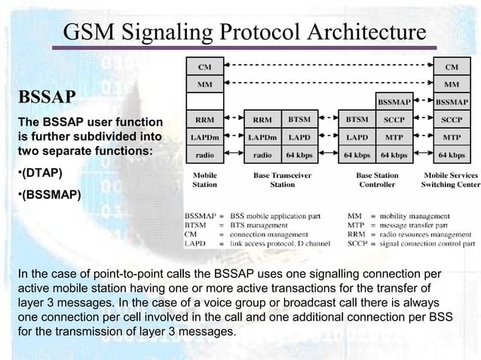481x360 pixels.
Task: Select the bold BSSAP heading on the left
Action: coord(47,99)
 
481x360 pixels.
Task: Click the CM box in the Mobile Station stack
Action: coord(205,67)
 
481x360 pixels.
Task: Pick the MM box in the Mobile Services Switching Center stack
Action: coord(452,85)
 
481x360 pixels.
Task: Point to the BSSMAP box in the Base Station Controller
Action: coord(394,101)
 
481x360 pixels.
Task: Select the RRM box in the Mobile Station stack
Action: coord(205,120)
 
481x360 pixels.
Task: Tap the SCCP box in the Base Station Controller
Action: coord(394,120)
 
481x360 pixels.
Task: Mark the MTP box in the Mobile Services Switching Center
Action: coord(452,138)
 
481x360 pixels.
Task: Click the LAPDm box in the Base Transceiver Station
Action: coord(262,138)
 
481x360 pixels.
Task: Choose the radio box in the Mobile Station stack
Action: coord(205,156)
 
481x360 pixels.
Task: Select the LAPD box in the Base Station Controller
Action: coord(357,138)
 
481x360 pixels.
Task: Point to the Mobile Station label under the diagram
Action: coord(205,179)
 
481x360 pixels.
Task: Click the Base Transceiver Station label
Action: coord(283,179)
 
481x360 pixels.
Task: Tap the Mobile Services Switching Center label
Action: coord(450,179)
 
